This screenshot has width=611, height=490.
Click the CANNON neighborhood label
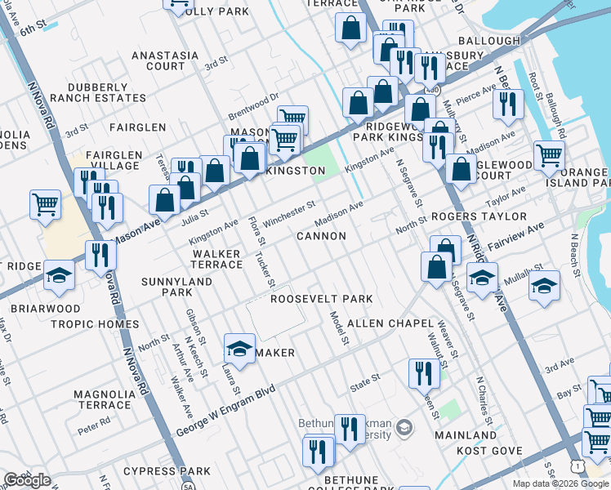(321, 236)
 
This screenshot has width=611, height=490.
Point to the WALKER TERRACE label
(216, 259)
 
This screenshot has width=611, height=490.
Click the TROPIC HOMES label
(95, 324)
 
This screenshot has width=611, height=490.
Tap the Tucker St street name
(266, 269)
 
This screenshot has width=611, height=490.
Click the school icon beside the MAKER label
(239, 349)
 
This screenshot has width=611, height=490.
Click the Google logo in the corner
(27, 479)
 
